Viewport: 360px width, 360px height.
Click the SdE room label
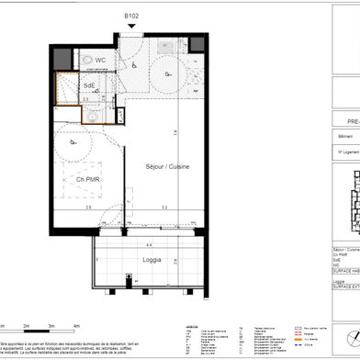click(x=89, y=85)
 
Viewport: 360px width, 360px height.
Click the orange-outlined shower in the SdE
click(x=66, y=91)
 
